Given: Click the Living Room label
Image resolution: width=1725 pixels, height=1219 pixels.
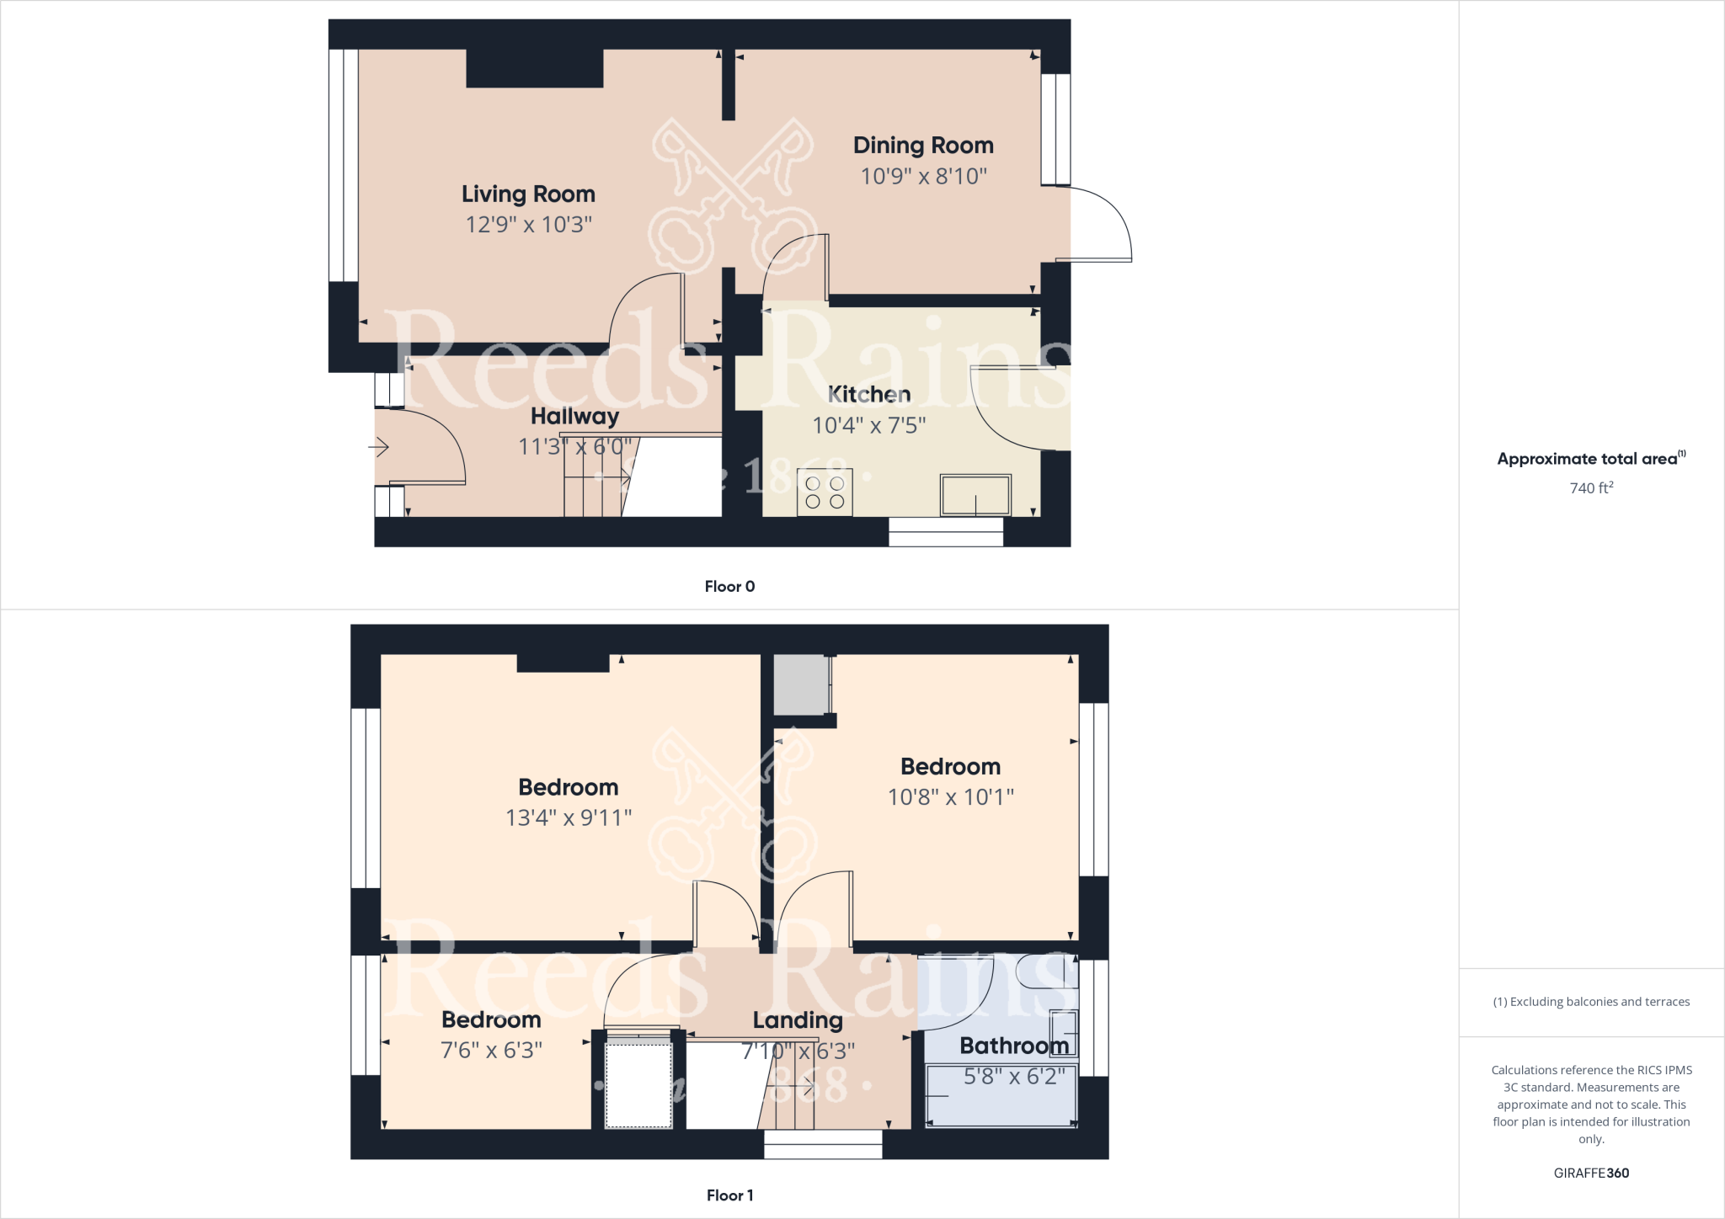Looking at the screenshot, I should pos(528,194).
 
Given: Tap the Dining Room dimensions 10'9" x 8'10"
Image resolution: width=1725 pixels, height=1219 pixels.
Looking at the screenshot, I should pos(923,177).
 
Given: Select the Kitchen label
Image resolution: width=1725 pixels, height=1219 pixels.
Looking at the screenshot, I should pos(869,394).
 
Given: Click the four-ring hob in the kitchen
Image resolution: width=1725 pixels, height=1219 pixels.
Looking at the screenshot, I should pos(825,492).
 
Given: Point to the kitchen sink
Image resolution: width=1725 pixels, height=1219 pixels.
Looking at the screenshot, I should pos(975,495).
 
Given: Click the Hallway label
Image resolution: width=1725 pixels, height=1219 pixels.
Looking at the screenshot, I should pos(574,416).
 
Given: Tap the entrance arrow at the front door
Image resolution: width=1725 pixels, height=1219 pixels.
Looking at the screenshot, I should pos(379,446).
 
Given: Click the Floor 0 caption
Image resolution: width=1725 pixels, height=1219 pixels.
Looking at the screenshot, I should pos(729,587).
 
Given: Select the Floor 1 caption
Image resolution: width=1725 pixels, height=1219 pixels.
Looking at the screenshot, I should pos(729,1195).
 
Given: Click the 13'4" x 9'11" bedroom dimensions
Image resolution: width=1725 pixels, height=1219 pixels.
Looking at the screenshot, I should pos(569,817).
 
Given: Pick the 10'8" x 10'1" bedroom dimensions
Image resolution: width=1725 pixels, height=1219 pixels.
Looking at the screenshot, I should pos(951,796).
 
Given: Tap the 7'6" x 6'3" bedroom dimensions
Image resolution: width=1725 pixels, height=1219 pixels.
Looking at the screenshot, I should pos(491,1051).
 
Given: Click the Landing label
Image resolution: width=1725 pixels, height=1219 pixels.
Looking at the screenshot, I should pos(798,1020).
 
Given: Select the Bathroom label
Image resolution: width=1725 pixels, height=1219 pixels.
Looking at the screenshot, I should pos(1014,1046).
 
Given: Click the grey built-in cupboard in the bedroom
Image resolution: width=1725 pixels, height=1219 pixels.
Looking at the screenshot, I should pos(801,684).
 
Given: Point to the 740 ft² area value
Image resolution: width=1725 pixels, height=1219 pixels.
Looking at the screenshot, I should pos(1591,488).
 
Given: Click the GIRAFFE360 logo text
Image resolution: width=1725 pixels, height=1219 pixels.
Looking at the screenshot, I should pos(1591,1173).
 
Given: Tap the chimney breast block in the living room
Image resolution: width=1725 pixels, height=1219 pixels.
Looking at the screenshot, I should pos(535,68).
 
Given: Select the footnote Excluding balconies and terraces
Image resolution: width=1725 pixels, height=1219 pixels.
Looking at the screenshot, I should pos(1591,1002).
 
